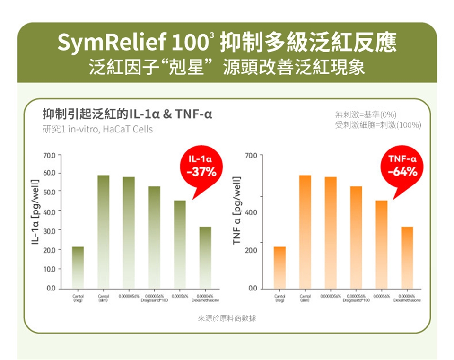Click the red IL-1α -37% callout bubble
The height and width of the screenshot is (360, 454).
point(201,167)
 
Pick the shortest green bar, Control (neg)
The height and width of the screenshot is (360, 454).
point(78,267)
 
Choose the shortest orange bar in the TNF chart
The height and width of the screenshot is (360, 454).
point(279,267)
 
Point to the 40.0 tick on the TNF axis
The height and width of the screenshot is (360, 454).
point(252,211)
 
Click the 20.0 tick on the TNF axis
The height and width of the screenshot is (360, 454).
point(252,249)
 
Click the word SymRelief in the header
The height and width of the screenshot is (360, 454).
point(107,43)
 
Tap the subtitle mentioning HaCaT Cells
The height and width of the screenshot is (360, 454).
point(97,129)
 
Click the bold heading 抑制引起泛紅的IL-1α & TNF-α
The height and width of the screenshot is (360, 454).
point(127,114)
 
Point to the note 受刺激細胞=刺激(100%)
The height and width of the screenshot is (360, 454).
point(378,125)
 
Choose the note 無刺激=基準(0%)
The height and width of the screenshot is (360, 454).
point(365,114)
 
